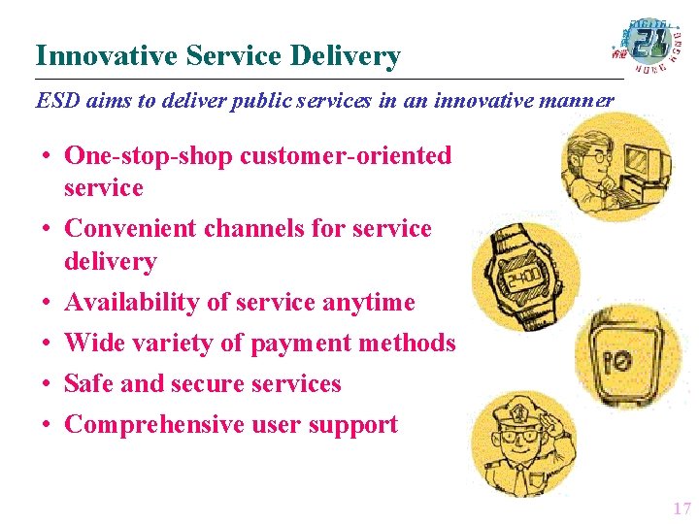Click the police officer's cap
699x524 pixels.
click(x=525, y=409)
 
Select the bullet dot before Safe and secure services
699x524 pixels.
click(x=46, y=384)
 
